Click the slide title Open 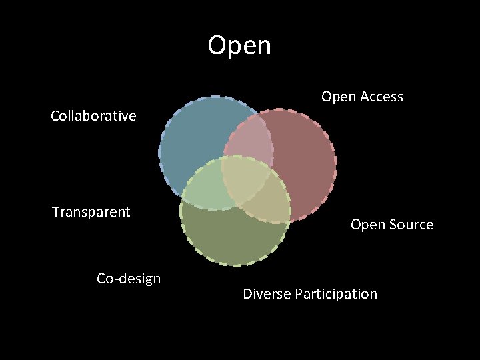pos(239,46)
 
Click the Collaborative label pos(93,116)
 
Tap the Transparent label pos(91,212)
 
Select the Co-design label pos(129,279)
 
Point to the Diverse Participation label pos(310,294)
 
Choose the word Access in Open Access pos(382,97)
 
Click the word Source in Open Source pos(410,225)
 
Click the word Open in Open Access pos(339,97)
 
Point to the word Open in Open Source pos(367,225)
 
